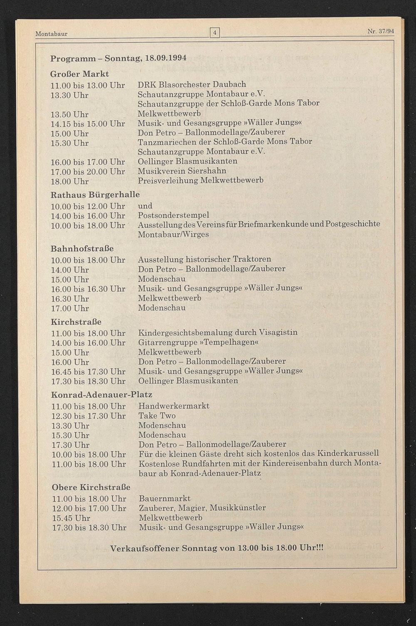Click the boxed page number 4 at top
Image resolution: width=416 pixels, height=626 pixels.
215,32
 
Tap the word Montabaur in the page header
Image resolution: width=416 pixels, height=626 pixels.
51,33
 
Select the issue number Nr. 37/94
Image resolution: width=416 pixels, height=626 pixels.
381,31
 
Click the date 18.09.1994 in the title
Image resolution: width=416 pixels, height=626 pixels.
166,58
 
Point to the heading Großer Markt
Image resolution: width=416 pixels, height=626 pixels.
79,74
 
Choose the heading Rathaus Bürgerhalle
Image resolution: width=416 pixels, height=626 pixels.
95,194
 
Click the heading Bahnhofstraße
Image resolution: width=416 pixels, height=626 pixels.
82,248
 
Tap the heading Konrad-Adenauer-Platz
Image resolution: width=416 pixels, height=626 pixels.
102,394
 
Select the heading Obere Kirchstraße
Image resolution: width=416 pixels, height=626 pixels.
91,487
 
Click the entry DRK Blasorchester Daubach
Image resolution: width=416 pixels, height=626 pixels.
192,84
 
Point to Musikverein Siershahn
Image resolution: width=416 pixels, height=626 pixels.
182,171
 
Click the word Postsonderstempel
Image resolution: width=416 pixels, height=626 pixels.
173,215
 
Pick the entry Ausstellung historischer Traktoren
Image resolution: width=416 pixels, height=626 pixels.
204,259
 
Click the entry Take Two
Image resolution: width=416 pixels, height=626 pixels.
157,416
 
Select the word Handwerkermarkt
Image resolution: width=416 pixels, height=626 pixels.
174,406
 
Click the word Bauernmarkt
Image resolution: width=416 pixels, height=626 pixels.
165,498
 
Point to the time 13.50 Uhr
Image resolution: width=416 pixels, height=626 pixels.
69,114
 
